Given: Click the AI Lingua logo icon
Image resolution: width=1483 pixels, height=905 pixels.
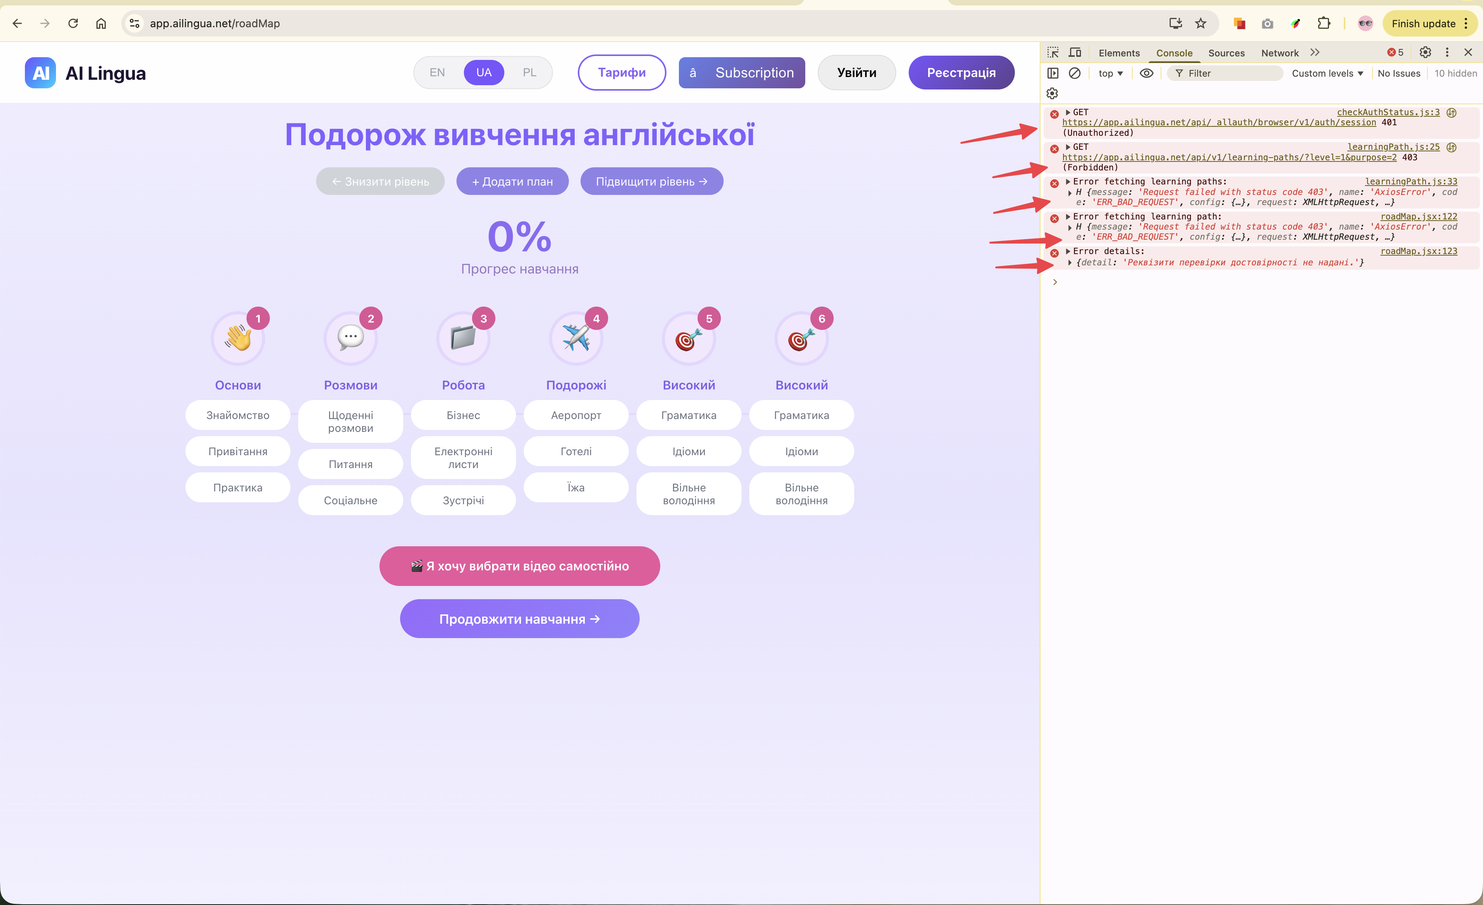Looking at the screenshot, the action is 40,73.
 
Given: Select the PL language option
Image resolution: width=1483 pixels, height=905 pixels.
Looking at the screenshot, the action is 529,72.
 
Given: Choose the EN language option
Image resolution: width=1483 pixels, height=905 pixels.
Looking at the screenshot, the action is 437,72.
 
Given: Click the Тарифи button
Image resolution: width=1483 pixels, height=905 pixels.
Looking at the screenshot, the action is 622,73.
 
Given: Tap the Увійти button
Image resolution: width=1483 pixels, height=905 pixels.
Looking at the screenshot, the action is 857,73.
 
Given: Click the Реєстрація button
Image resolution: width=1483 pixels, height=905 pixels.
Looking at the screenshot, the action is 961,73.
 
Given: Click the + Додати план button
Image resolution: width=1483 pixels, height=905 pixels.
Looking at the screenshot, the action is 512,181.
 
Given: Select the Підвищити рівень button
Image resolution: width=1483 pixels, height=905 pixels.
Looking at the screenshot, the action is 651,181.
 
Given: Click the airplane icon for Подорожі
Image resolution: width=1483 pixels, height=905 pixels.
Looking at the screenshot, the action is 576,338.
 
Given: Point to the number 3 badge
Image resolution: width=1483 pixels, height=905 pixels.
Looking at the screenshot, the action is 483,319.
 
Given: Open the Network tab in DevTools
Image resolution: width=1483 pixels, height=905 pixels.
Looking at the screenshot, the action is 1280,53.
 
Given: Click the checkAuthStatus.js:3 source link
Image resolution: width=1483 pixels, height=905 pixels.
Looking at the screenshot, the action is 1388,112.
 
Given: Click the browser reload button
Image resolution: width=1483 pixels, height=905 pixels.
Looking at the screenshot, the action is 73,23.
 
